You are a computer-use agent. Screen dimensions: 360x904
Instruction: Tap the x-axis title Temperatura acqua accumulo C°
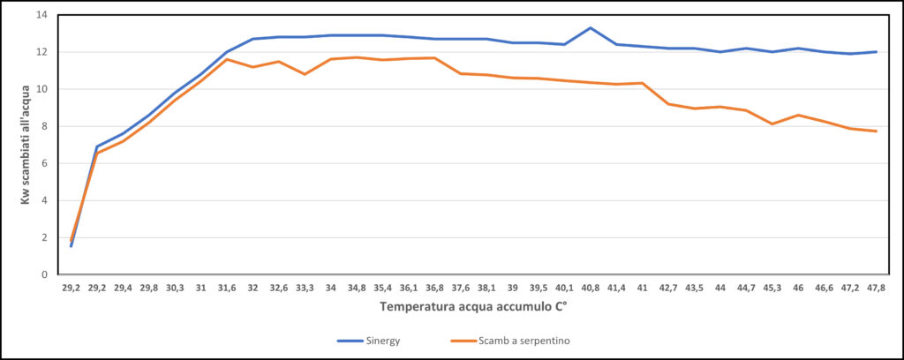(x=473, y=307)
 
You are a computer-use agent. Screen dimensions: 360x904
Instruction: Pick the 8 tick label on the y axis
(x=44, y=126)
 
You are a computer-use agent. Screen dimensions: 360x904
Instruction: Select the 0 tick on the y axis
(x=44, y=274)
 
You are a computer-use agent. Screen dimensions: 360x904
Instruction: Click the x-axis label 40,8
(x=591, y=288)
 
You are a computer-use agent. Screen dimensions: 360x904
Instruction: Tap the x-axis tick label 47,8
(x=876, y=288)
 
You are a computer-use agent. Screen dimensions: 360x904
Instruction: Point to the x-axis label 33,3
(x=305, y=288)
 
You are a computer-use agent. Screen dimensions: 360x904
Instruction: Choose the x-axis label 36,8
(x=434, y=288)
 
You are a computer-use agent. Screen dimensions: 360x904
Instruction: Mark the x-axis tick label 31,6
(x=227, y=288)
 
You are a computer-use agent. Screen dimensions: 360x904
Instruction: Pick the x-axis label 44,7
(x=746, y=288)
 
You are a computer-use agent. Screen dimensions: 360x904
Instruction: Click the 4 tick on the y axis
(x=44, y=200)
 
